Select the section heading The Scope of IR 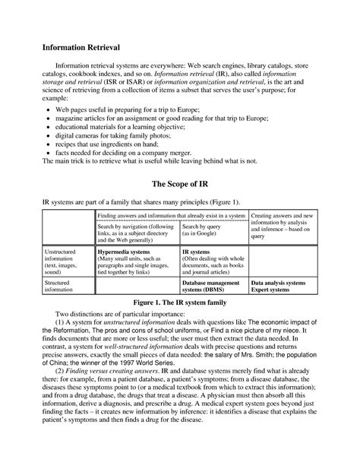(179, 183)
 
